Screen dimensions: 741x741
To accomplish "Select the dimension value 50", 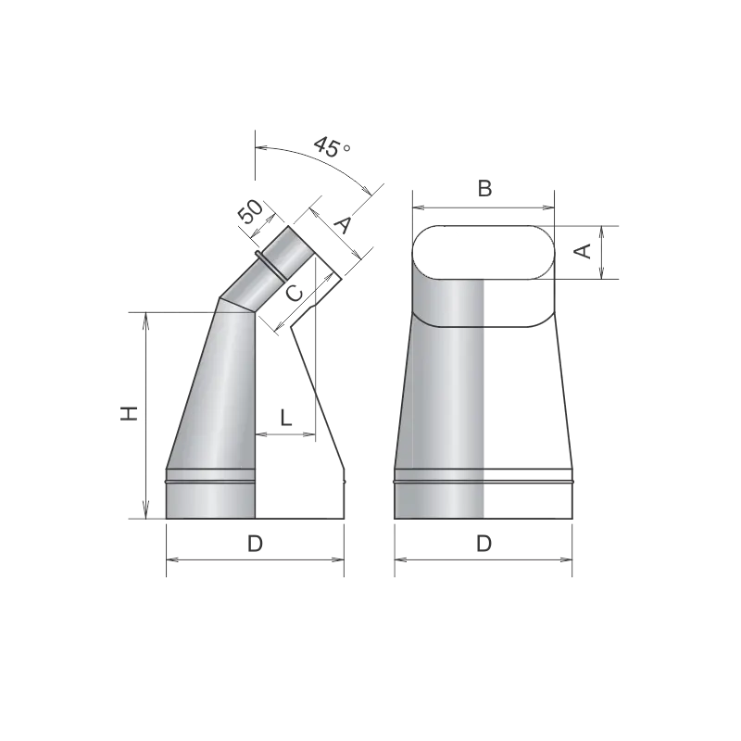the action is click(250, 212).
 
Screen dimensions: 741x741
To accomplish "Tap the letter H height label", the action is click(129, 413).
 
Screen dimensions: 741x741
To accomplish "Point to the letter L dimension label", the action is click(286, 418).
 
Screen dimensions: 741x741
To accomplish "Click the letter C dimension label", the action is click(295, 294).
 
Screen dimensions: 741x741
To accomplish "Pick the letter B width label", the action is click(484, 188).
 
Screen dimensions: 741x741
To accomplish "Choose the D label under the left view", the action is click(256, 544).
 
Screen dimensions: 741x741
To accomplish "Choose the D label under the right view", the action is click(484, 544).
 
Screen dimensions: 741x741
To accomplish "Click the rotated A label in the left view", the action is click(343, 224).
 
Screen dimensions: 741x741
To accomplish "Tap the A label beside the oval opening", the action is click(584, 251).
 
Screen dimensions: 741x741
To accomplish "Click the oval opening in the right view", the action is click(484, 252).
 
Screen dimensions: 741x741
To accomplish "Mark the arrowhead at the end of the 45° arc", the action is click(367, 191).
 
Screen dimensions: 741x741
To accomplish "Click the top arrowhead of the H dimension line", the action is click(146, 318).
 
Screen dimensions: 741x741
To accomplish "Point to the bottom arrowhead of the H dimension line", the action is click(146, 513).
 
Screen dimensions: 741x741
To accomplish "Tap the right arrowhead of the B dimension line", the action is click(548, 207).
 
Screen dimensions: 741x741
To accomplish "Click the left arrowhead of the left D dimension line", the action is click(172, 560).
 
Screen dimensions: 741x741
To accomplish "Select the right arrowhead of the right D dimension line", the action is click(566, 560).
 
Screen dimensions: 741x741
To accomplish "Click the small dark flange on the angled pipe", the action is click(270, 266).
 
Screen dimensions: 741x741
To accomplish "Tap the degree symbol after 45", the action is click(346, 147).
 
